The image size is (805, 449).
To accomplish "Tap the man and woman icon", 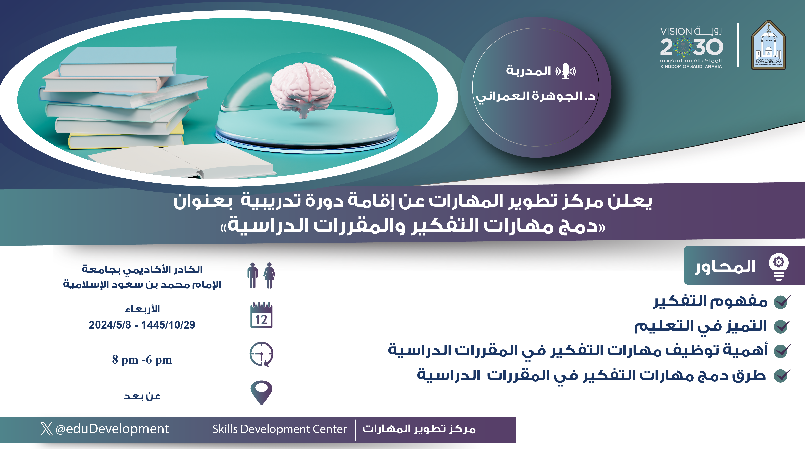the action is point(261,275).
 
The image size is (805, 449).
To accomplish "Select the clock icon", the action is point(262,354).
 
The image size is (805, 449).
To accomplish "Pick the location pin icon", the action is point(262,392).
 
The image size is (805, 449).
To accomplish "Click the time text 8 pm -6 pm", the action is point(142,360).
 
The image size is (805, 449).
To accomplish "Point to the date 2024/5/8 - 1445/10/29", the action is point(142,325).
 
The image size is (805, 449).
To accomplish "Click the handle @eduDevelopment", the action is point(112,429).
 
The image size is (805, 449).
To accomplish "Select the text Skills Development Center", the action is point(280,429).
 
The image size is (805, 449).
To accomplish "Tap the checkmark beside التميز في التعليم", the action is point(782,326).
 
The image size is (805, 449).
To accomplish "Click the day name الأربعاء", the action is point(142,309).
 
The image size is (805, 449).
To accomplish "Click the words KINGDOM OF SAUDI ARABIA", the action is point(691,67).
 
